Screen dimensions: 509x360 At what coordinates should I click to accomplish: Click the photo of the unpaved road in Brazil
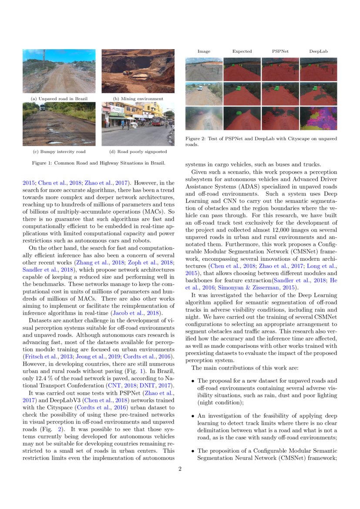pyautogui.click(x=59, y=71)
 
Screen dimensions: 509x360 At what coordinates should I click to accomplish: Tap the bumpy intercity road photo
pyautogui.click(x=59, y=124)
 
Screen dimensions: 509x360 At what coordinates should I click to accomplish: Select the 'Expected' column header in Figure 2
pyautogui.click(x=242, y=51)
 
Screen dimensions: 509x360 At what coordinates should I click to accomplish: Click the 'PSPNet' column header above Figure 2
pyautogui.click(x=280, y=51)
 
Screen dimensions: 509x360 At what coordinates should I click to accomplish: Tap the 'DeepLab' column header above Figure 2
pyautogui.click(x=318, y=51)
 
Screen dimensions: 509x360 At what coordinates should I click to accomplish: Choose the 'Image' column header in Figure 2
pyautogui.click(x=204, y=51)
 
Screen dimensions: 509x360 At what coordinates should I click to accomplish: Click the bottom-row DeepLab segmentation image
pyautogui.click(x=318, y=118)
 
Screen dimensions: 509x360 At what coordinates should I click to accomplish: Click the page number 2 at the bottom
pyautogui.click(x=180, y=469)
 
